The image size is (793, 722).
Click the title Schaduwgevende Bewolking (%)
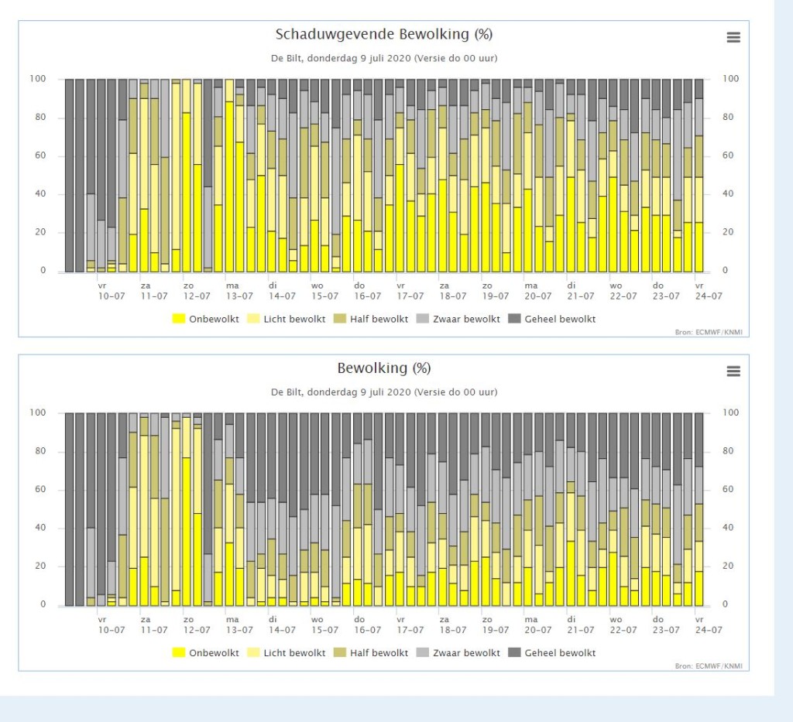(384, 34)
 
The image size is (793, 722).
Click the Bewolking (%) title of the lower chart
(384, 368)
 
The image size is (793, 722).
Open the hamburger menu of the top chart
(733, 37)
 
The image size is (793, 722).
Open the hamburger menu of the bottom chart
(733, 371)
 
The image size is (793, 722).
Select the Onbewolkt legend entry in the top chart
(205, 319)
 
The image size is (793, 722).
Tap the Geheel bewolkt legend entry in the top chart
(551, 319)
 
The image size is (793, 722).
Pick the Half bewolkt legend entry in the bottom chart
(371, 653)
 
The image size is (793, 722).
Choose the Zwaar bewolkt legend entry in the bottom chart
(458, 653)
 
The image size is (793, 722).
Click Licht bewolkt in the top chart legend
(287, 319)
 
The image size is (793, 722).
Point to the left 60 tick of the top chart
(40, 156)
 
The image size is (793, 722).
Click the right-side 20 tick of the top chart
(728, 232)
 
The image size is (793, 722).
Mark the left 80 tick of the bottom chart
(40, 451)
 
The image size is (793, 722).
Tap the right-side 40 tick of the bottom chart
(728, 528)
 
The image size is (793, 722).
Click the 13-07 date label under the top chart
(239, 296)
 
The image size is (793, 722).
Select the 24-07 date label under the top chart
(709, 296)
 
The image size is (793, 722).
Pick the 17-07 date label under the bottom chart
(410, 630)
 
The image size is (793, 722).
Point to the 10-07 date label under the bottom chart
(112, 630)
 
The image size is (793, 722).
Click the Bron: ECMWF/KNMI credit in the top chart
(709, 332)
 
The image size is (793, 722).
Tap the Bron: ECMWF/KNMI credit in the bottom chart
(709, 666)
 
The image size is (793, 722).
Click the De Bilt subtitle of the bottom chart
(384, 392)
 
